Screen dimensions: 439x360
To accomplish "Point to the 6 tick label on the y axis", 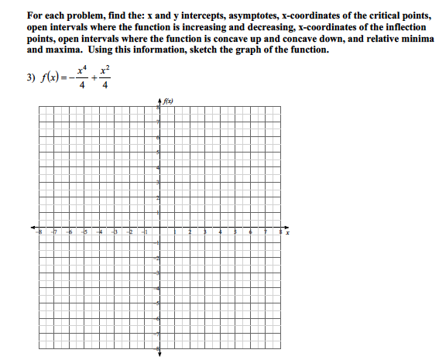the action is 158,138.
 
